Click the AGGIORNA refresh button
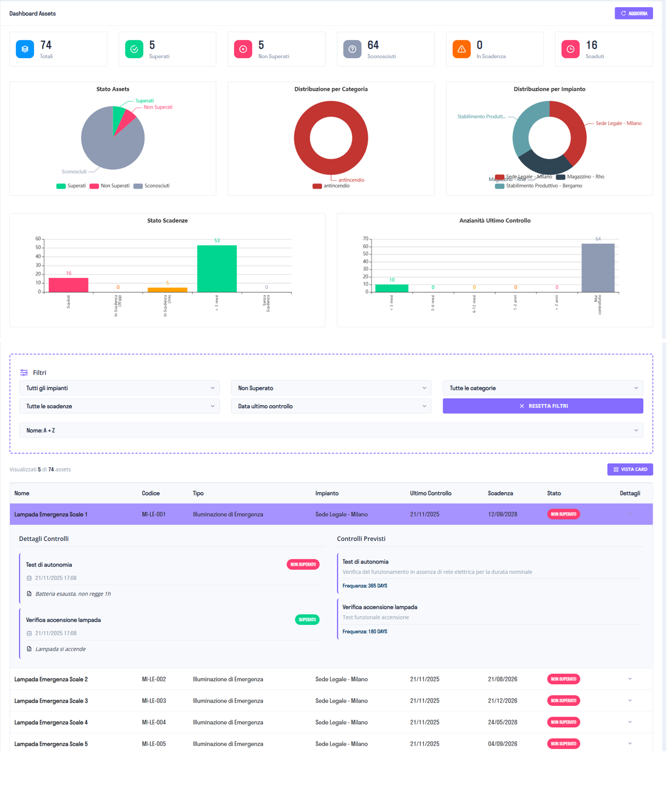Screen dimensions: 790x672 tap(633, 13)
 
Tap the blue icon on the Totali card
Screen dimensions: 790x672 tap(25, 49)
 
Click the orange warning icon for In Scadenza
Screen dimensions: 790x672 tap(461, 49)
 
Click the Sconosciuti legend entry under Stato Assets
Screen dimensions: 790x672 tap(151, 186)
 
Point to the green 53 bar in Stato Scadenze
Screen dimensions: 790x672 tap(217, 269)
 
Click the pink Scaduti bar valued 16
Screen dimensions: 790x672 tap(69, 285)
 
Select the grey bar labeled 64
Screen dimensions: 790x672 tap(597, 268)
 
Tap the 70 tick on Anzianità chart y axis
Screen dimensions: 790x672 tap(365, 239)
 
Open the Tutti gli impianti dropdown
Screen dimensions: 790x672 tap(119, 388)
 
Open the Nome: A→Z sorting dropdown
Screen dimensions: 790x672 tap(331, 430)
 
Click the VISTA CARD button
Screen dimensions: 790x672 tap(630, 469)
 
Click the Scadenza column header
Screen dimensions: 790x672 tap(500, 493)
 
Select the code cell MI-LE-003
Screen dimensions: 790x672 tap(154, 701)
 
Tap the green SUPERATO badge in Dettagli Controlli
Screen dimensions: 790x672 tap(307, 619)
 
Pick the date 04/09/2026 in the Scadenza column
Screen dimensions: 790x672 tap(502, 744)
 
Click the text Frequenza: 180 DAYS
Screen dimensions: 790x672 tap(365, 632)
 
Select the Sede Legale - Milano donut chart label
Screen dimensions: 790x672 tap(618, 123)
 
